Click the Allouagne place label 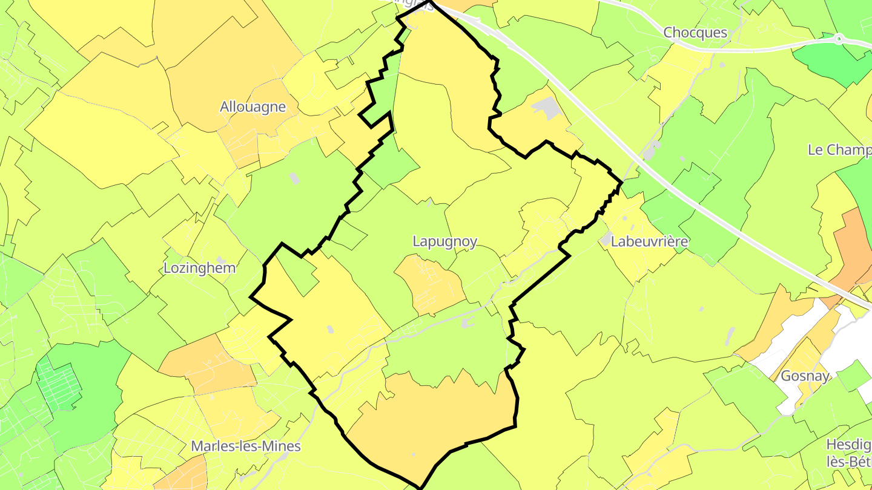click(x=253, y=107)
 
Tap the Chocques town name click(x=695, y=32)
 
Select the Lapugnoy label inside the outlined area click(x=444, y=241)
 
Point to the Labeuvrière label click(x=650, y=242)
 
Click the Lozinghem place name click(x=200, y=268)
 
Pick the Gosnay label click(x=805, y=375)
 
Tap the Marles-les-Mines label click(x=246, y=446)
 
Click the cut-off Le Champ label click(x=839, y=150)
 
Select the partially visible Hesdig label click(x=848, y=445)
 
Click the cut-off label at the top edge click(x=412, y=2)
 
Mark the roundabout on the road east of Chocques click(x=839, y=39)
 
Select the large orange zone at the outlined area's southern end click(x=436, y=417)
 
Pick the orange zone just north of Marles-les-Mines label click(x=206, y=366)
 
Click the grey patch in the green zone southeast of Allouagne click(x=294, y=178)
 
